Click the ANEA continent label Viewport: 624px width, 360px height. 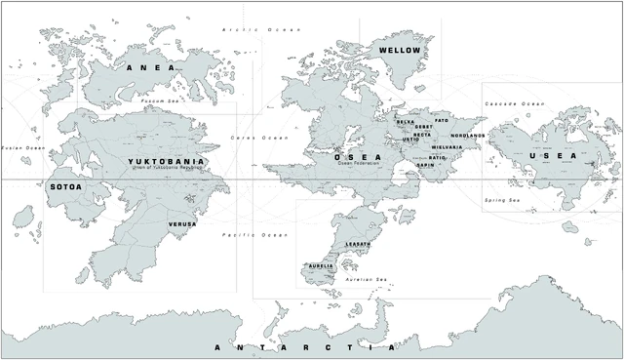tap(150, 67)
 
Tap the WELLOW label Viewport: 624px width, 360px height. tap(400, 50)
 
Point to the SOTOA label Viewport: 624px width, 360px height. tap(65, 185)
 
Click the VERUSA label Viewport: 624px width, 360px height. tap(182, 223)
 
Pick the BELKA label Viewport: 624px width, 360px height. tap(406, 122)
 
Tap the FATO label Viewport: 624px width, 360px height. tap(442, 120)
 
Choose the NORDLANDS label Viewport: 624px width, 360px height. tap(468, 135)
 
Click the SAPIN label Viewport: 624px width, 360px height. tap(426, 165)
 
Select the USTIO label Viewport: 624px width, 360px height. tap(411, 140)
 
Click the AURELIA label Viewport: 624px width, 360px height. tap(321, 265)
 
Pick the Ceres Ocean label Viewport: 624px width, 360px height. tap(260, 138)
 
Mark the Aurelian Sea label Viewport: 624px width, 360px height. tap(368, 280)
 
